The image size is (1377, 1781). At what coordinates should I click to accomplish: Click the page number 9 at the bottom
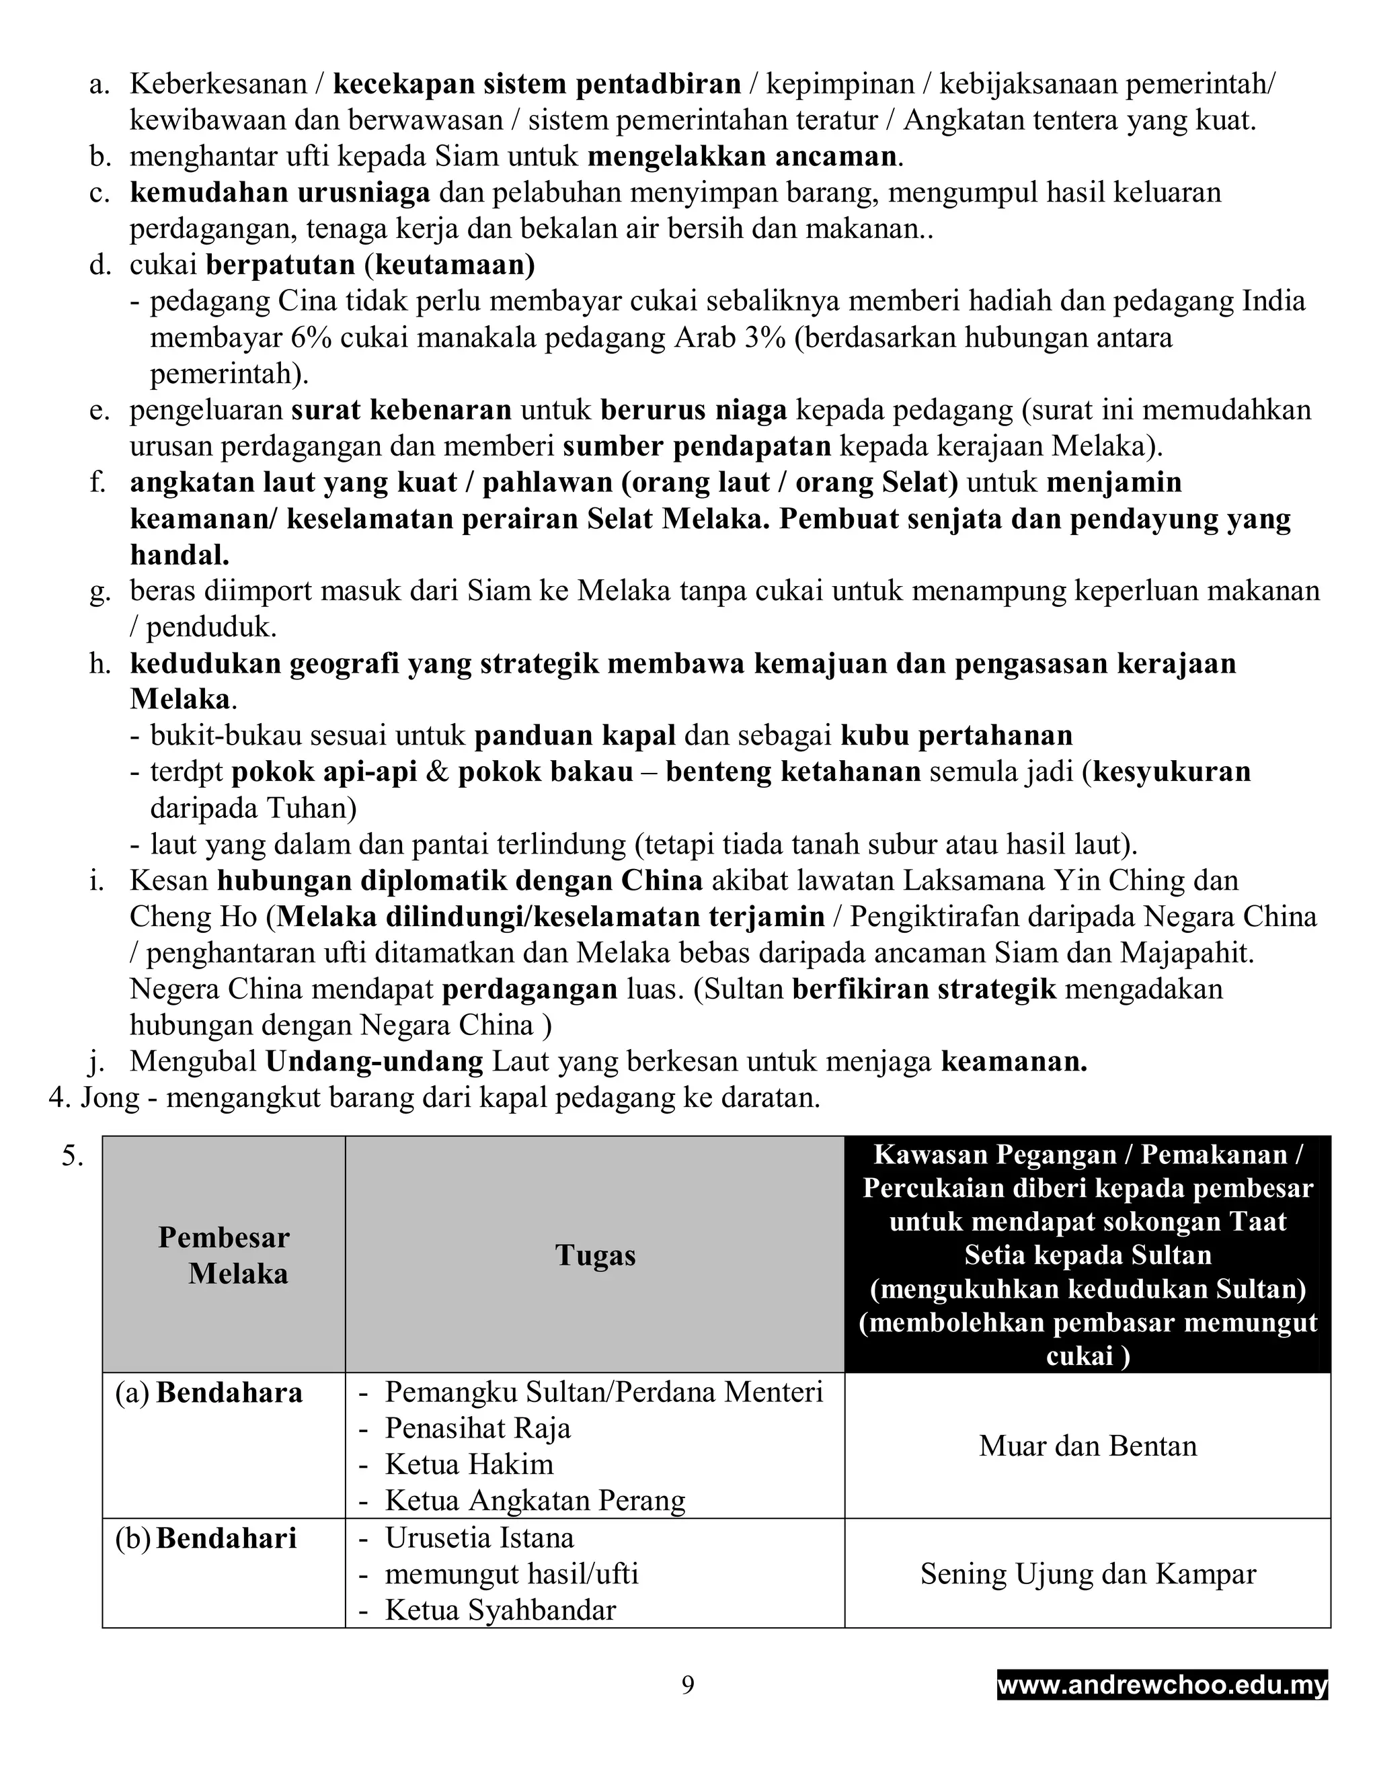688,1685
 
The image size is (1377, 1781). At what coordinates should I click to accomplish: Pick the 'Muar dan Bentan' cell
1087,1446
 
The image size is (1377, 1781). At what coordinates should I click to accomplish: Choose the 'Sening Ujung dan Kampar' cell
1087,1574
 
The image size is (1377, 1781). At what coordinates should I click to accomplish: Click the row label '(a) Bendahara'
209,1393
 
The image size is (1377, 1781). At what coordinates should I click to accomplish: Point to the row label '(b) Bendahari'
206,1538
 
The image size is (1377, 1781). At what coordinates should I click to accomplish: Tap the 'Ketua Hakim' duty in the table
469,1464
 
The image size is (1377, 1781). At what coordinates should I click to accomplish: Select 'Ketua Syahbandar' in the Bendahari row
500,1610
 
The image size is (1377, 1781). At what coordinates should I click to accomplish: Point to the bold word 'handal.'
180,555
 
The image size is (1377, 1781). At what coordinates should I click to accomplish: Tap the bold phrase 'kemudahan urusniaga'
280,192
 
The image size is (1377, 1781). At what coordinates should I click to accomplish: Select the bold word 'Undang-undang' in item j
375,1062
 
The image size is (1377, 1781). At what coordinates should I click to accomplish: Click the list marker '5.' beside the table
72,1157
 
